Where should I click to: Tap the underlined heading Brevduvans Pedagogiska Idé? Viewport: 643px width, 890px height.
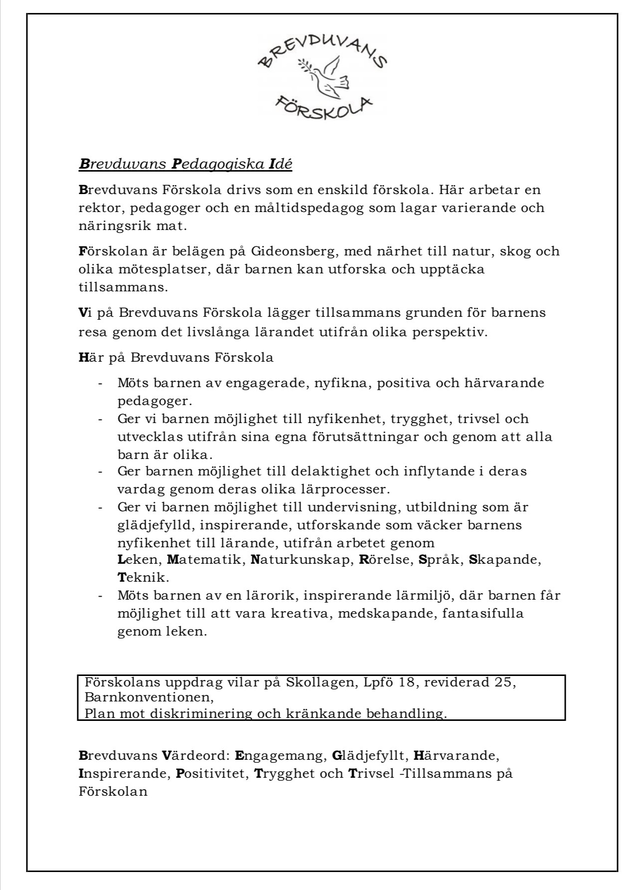[185, 164]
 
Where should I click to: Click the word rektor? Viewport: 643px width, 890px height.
[95, 208]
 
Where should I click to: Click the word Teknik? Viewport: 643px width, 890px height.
[142, 578]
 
